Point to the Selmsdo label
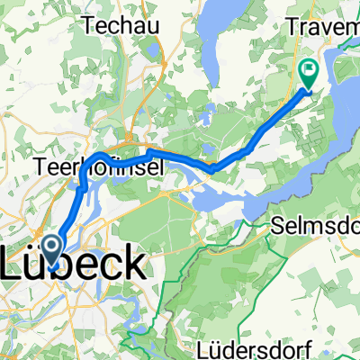(320, 221)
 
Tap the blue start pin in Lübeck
(54, 249)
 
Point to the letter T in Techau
(88, 26)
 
